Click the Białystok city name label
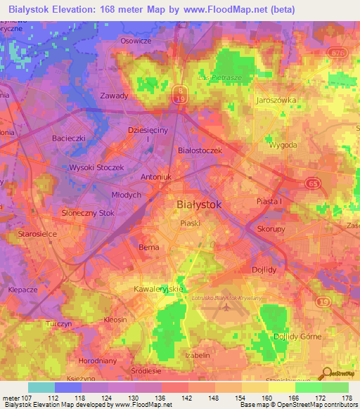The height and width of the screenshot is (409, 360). tap(198, 204)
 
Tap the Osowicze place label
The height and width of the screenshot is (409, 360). tap(136, 41)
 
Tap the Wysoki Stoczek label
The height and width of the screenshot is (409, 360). tap(96, 168)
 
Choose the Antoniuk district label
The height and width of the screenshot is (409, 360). tap(157, 178)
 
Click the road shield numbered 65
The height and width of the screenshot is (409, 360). tap(313, 183)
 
